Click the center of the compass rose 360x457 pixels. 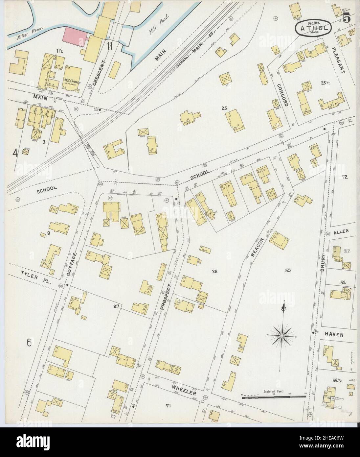pos(281,336)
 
